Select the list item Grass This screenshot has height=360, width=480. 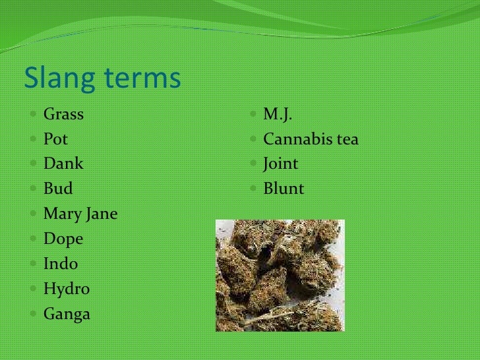coord(63,115)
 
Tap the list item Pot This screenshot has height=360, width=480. coord(55,140)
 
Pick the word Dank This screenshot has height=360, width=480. coord(63,164)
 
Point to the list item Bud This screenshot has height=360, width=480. coord(58,189)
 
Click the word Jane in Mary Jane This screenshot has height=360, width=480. coord(101,214)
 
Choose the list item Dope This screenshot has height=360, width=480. coord(63,239)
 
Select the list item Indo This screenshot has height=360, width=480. coord(60,264)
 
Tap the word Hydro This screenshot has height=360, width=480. coord(66,289)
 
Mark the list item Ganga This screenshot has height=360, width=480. coord(67,315)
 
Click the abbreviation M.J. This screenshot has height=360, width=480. coord(278,115)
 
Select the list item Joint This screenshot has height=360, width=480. coord(281,164)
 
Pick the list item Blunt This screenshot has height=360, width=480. coord(284,189)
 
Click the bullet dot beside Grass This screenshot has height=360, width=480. coord(34,115)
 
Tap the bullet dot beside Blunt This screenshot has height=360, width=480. coord(255,190)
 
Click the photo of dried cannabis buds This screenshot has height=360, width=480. coord(280,275)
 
